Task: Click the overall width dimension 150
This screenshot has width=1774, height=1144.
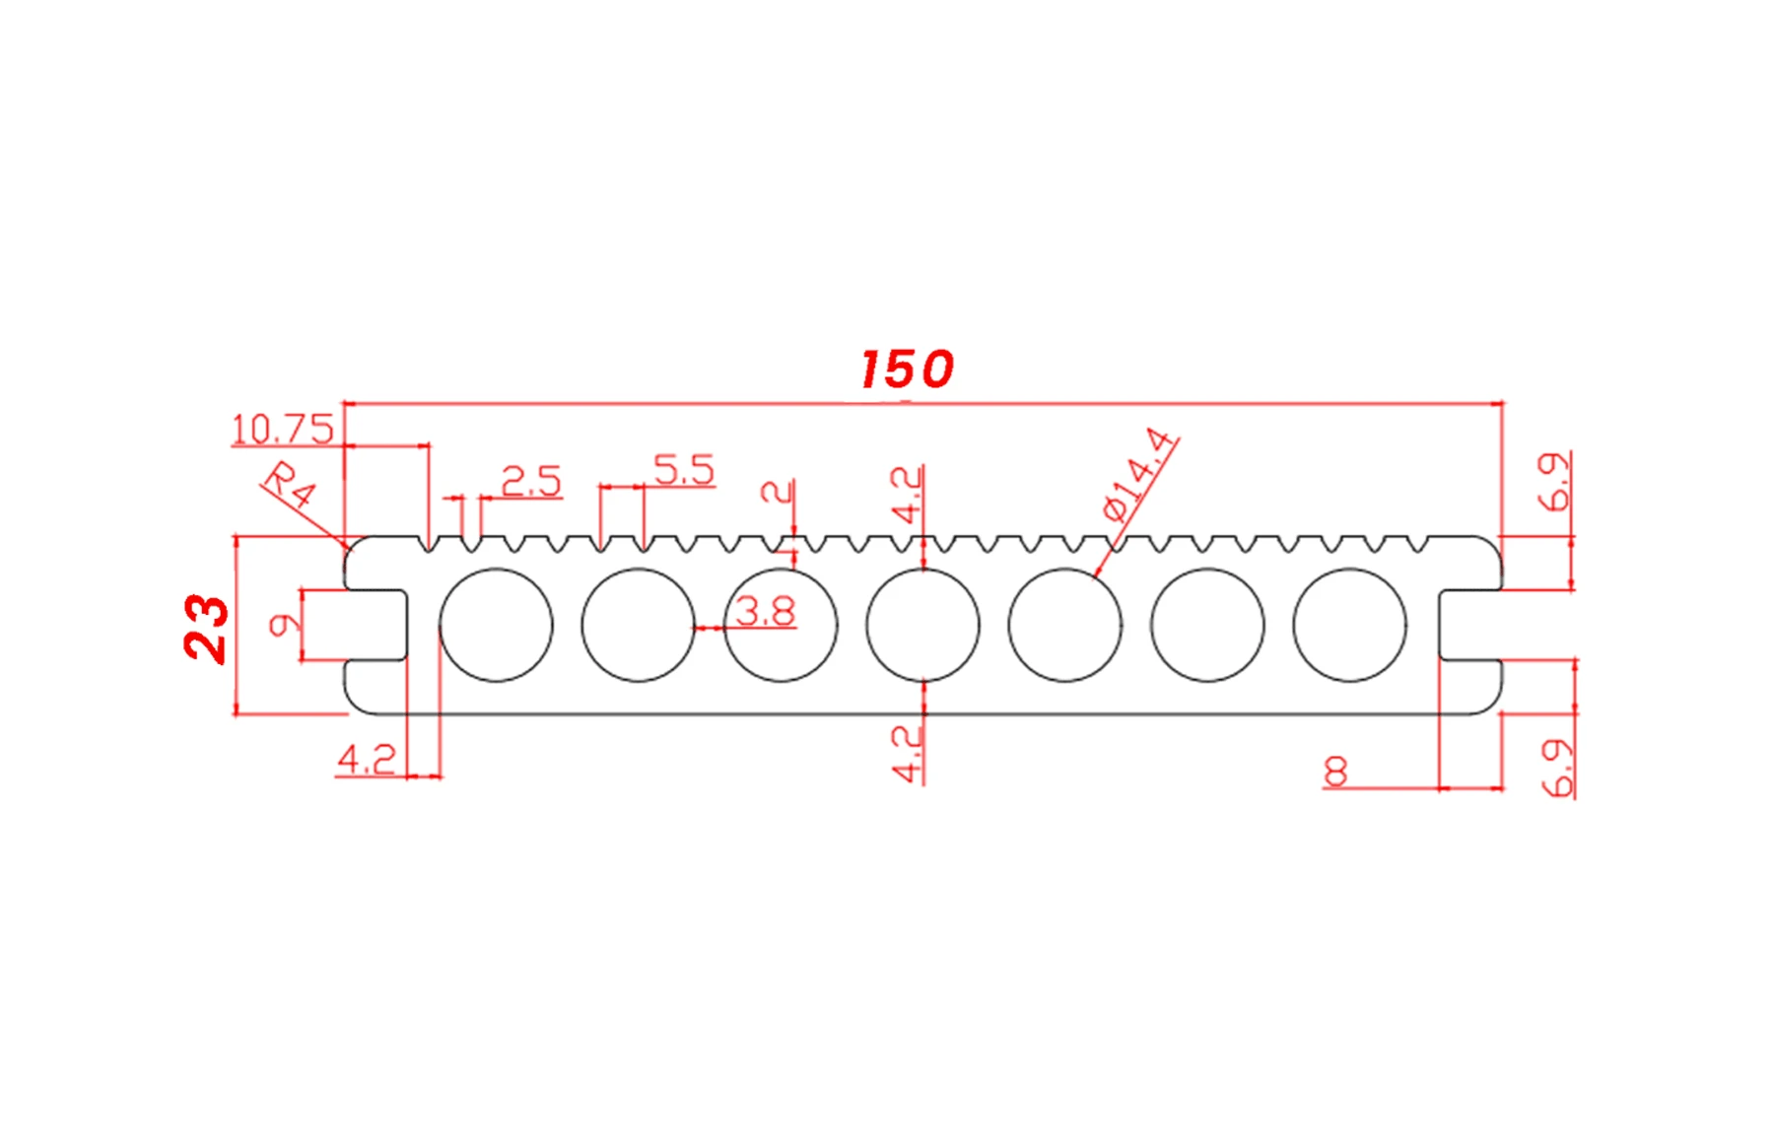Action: click(907, 370)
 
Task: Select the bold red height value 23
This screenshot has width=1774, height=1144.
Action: click(206, 628)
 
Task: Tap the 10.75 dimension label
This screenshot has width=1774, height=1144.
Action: click(282, 430)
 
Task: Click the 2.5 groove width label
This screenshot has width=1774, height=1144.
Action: click(531, 481)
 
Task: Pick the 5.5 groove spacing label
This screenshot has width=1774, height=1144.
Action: click(684, 470)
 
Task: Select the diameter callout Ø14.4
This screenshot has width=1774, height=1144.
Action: click(1139, 474)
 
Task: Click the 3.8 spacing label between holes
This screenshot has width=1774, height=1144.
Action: click(765, 612)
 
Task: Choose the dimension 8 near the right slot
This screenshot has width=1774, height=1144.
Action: click(1335, 771)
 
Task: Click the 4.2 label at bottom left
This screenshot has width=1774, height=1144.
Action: click(367, 760)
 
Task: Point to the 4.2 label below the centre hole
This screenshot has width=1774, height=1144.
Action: click(907, 754)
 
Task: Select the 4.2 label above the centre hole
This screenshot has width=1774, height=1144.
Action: click(907, 494)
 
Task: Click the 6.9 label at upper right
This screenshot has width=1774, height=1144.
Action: click(1554, 482)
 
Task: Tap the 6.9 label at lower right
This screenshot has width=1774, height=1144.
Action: click(1557, 768)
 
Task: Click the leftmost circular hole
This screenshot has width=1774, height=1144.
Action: click(496, 625)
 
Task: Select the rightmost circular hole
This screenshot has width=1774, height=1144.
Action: click(1349, 625)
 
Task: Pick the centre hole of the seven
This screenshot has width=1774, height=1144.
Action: click(922, 625)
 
